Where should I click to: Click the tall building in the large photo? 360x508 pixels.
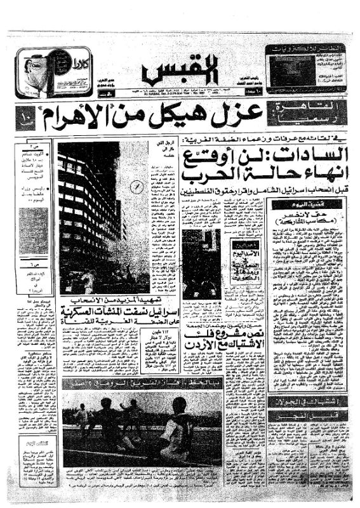click(x=89, y=210)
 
